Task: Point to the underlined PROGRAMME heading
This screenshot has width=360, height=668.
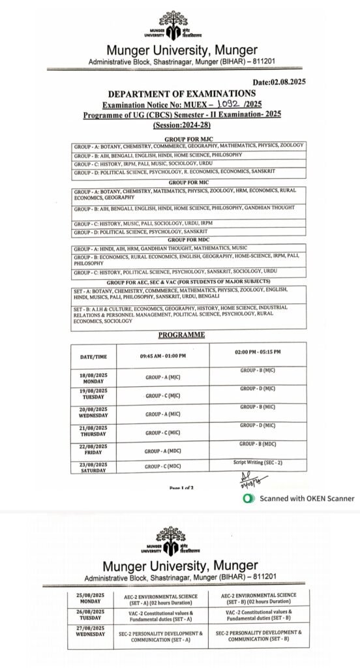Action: pos(182,335)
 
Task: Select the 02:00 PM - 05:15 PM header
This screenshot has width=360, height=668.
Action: pos(258,352)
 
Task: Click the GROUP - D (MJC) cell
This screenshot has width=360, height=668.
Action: pos(258,388)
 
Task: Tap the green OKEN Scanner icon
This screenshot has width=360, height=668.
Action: pos(247,498)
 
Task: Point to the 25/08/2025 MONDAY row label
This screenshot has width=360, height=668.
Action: pos(91,598)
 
